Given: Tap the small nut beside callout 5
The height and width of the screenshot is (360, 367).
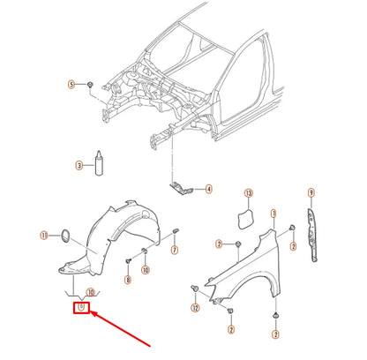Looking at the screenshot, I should (x=91, y=84).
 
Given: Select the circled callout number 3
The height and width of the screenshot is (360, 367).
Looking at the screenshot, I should (x=79, y=165).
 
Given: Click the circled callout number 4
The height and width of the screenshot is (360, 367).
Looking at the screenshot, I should (x=208, y=189).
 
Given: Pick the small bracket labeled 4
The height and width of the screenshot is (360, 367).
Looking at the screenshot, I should (x=181, y=186).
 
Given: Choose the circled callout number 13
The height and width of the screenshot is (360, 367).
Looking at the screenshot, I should (x=249, y=192).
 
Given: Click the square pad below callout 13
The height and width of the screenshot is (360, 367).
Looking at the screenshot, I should (x=248, y=215).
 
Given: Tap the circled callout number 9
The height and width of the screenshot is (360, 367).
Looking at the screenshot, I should (x=311, y=192).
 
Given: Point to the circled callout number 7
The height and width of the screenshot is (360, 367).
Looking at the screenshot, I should (x=175, y=251).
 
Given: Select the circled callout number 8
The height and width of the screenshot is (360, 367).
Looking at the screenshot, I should (x=128, y=279).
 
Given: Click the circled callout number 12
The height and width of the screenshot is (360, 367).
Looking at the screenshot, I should (x=194, y=309).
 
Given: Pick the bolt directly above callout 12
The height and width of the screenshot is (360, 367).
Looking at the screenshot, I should (x=194, y=289).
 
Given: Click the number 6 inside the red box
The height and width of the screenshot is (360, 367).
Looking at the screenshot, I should (x=80, y=308).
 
